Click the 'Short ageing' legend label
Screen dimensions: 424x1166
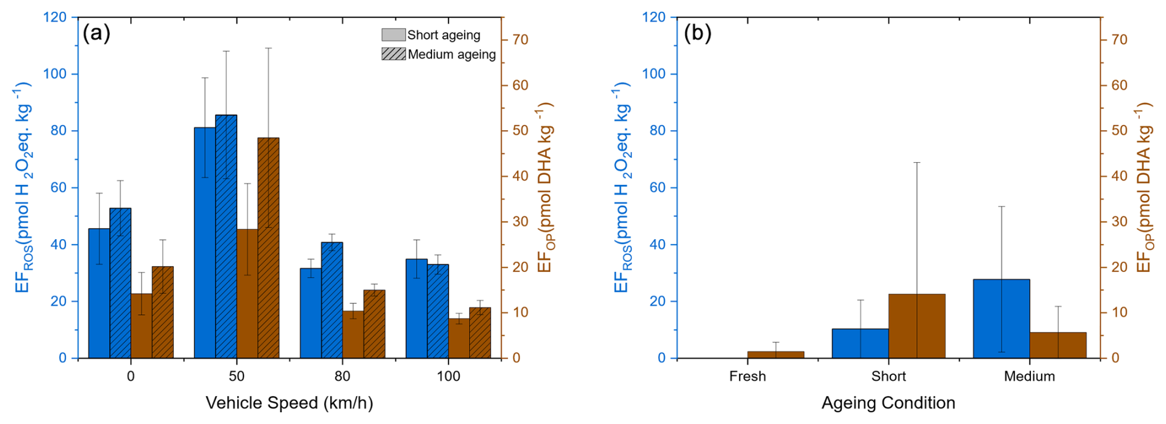click(x=443, y=35)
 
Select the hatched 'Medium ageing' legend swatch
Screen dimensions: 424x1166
click(x=393, y=54)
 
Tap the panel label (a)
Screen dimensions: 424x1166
click(x=97, y=33)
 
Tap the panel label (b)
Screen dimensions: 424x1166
click(x=698, y=33)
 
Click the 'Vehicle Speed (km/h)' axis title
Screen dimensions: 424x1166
click(x=289, y=403)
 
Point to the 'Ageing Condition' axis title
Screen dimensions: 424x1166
click(x=888, y=403)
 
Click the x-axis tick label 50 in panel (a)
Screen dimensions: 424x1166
click(x=237, y=377)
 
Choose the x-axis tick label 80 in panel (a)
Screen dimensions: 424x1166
click(x=342, y=377)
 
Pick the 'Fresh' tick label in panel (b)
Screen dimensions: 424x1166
click(x=747, y=377)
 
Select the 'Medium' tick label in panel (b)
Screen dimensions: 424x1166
click(x=1029, y=377)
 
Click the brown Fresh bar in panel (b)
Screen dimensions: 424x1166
click(x=775, y=355)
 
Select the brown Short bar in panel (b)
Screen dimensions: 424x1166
click(x=916, y=326)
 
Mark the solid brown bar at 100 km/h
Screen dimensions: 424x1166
click(x=459, y=338)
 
